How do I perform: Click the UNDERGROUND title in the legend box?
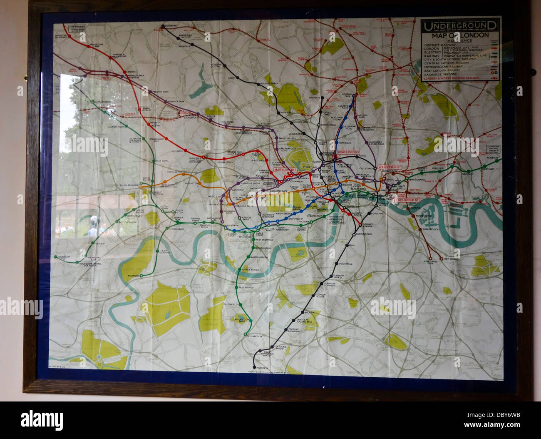pos(460,27)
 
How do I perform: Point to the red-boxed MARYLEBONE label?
pos(285,171)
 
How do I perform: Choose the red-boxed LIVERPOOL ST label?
pos(389,167)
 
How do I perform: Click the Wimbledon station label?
pos(256,336)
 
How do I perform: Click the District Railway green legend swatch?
pos(493,45)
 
